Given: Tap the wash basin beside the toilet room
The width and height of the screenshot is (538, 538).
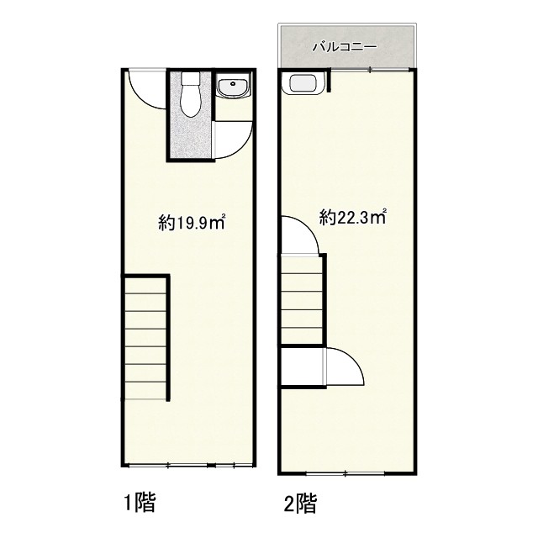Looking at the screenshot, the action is click(x=235, y=87).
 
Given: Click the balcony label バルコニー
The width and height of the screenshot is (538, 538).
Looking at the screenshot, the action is click(x=344, y=47).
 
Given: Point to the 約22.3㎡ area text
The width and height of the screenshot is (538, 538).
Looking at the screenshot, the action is click(x=353, y=217).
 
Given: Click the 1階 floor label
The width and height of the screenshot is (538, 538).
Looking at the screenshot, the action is click(x=140, y=502).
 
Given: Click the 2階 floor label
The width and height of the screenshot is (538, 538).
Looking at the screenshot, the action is click(x=300, y=503).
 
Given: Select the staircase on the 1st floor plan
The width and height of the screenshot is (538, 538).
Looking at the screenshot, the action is click(x=145, y=338).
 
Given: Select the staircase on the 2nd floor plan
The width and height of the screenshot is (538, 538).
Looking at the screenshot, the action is click(x=303, y=299).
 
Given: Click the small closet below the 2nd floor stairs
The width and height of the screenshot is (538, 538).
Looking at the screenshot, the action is click(x=302, y=367).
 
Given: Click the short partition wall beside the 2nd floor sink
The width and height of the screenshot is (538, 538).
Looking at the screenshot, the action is click(x=329, y=81).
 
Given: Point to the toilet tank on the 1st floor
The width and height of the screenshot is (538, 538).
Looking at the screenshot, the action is click(x=191, y=78).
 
